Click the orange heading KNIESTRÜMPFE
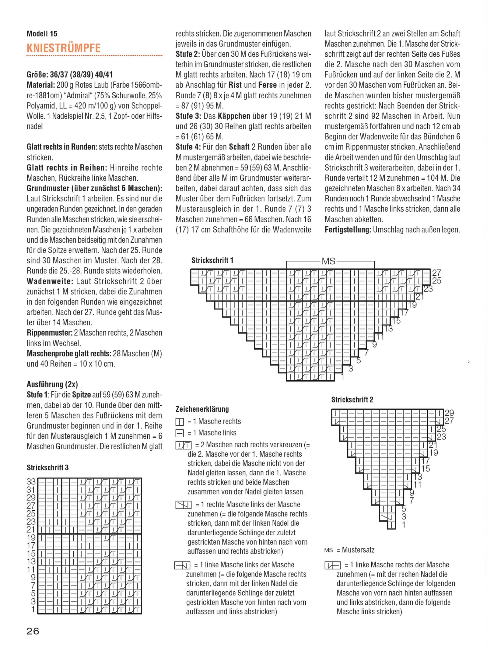click(x=63, y=48)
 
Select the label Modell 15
click(x=42, y=34)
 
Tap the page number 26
click(x=33, y=631)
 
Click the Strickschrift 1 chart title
click(x=212, y=260)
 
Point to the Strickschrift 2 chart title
click(x=352, y=400)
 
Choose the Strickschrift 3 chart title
click(x=47, y=467)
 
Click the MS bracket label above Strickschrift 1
click(x=328, y=261)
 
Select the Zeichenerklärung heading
click(x=202, y=409)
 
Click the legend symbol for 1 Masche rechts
click(x=180, y=422)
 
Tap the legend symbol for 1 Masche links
click(x=180, y=433)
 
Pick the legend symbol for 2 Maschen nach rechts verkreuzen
click(x=184, y=445)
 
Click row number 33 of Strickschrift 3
click(x=31, y=482)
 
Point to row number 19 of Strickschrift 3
click(x=31, y=537)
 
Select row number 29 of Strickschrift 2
click(x=449, y=413)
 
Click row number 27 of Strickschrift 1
click(x=436, y=273)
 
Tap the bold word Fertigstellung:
click(x=348, y=230)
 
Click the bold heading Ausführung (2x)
click(x=52, y=384)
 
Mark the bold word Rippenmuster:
click(x=50, y=333)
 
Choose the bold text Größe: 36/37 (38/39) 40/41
click(x=70, y=75)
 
